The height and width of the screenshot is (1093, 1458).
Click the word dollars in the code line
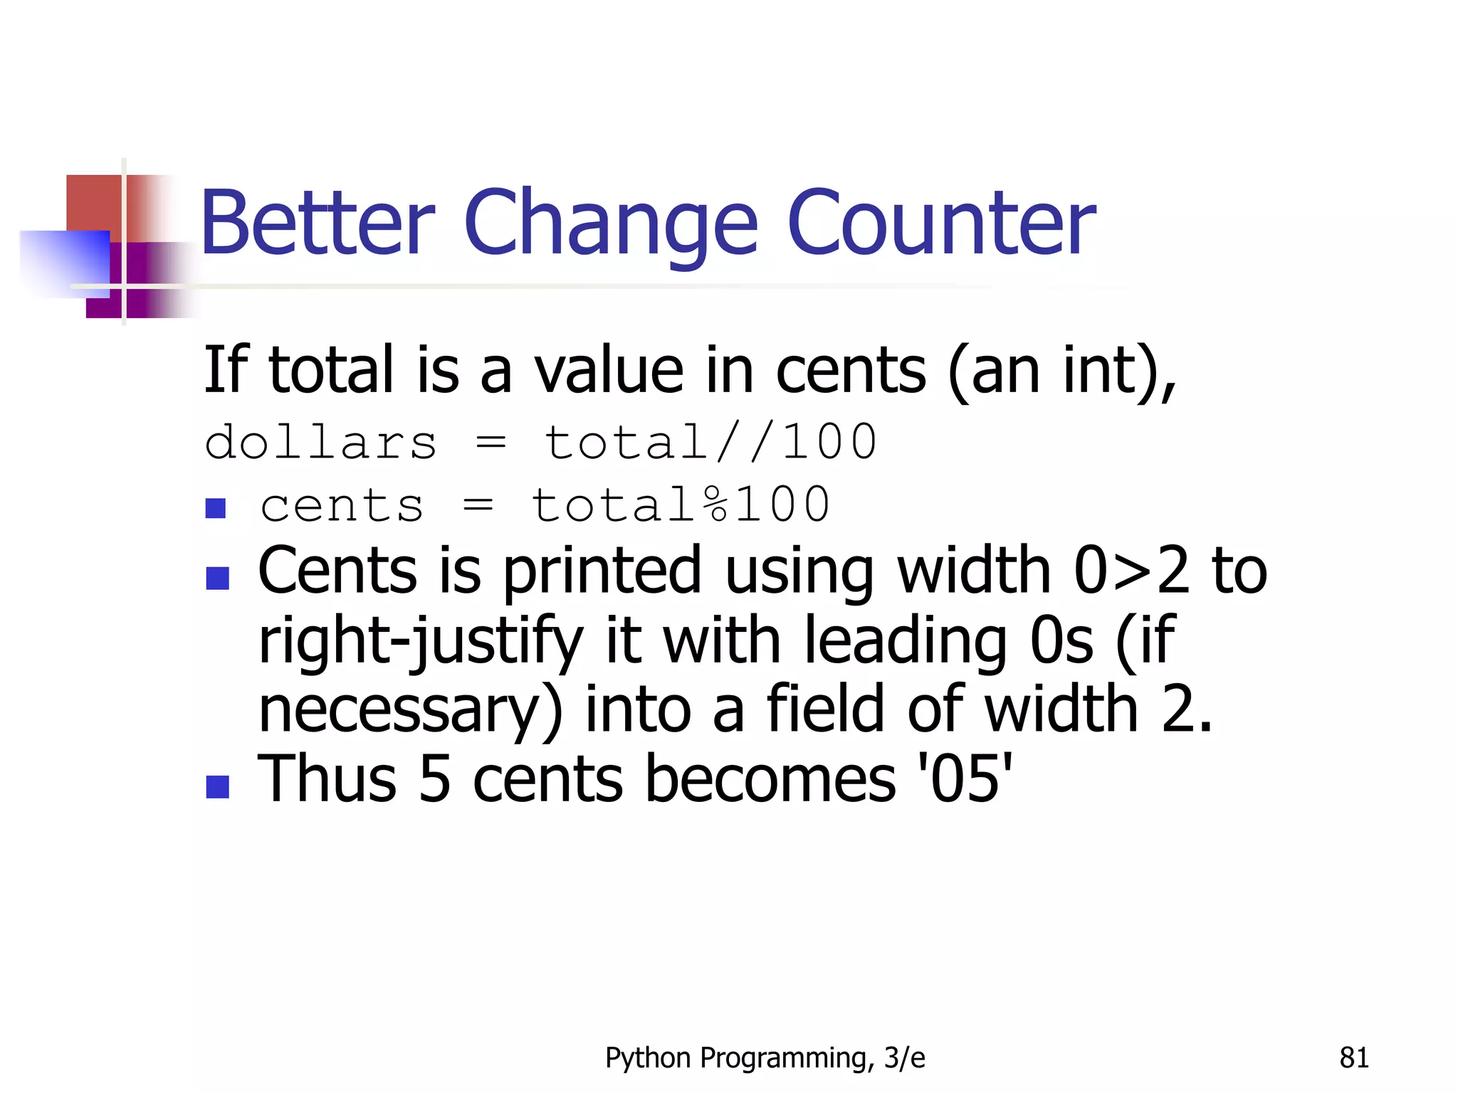(x=320, y=443)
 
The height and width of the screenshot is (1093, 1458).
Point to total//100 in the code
(x=710, y=443)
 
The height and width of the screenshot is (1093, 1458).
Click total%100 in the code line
(x=681, y=505)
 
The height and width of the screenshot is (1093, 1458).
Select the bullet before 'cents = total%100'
(x=215, y=508)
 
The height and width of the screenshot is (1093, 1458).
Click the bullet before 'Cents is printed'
(x=217, y=578)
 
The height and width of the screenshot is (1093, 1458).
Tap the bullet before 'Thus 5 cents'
(x=217, y=786)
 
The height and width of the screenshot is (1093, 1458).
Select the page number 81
(x=1353, y=1058)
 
